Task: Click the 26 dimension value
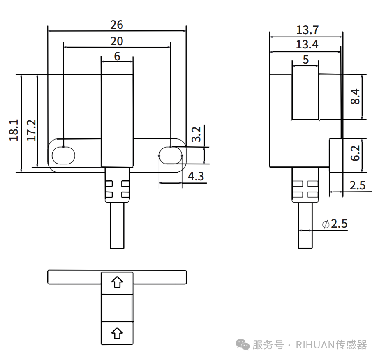click(116, 25)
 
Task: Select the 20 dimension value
click(116, 41)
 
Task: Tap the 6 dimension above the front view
click(117, 56)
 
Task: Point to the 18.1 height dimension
click(14, 130)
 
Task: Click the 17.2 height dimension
click(31, 130)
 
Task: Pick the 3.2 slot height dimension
click(196, 134)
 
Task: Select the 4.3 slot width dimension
click(196, 176)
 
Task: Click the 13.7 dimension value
click(307, 30)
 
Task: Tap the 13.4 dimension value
click(307, 45)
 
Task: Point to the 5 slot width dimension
click(305, 60)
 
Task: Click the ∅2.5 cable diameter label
click(335, 224)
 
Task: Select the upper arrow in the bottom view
click(117, 282)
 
